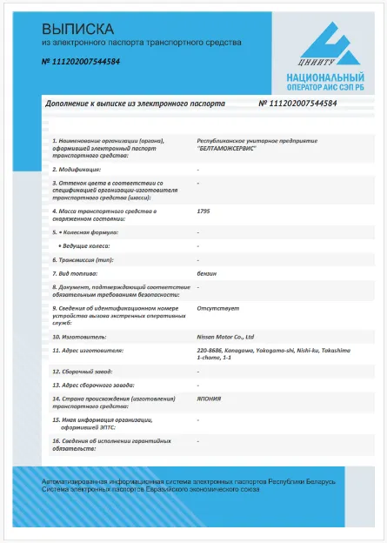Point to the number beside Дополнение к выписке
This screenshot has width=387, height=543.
point(298,103)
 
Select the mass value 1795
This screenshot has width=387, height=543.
point(204,211)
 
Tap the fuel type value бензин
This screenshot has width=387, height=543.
point(207,273)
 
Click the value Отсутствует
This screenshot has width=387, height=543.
point(213,308)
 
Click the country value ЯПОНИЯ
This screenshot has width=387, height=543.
point(209,399)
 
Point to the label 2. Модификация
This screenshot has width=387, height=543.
point(77,169)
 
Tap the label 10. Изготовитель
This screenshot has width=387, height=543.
point(77,335)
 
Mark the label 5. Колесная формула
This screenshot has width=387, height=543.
point(84,232)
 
